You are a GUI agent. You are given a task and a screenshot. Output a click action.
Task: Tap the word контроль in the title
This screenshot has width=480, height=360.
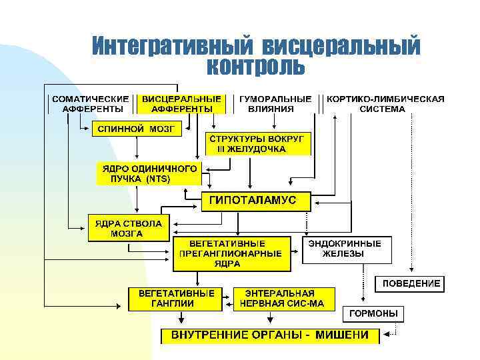click(x=256, y=67)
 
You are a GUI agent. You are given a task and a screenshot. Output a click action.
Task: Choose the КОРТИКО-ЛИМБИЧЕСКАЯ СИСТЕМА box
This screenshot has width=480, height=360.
click(x=385, y=103)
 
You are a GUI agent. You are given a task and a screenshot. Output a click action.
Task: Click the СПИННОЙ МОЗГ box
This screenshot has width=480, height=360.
click(x=136, y=129)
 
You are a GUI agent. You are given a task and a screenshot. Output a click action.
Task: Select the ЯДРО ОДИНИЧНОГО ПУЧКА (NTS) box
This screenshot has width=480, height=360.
click(x=149, y=173)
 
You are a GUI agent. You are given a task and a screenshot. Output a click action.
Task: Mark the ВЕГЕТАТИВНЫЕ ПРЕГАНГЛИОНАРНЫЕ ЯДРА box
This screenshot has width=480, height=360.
click(x=231, y=253)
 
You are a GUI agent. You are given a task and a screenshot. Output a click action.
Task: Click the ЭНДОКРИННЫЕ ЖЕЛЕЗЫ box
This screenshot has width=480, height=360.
click(x=347, y=249)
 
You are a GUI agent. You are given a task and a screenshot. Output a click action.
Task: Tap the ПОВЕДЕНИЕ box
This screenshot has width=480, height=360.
click(x=411, y=283)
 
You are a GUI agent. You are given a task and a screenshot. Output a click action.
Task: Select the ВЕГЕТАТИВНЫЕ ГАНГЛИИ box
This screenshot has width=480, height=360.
click(x=175, y=298)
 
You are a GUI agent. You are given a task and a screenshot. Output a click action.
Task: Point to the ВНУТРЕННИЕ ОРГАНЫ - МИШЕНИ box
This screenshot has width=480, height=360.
click(x=270, y=335)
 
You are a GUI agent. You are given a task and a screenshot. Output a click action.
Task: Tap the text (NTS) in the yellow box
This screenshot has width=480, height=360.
click(x=158, y=179)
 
